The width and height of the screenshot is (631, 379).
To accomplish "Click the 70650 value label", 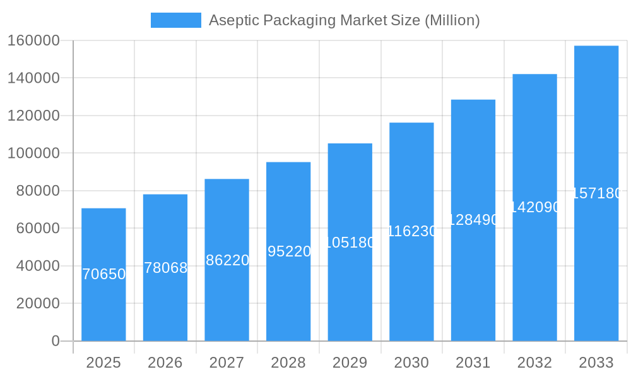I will (x=104, y=274).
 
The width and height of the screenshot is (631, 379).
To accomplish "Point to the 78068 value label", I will (x=165, y=268).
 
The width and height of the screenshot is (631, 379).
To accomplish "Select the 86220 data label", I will (x=227, y=260).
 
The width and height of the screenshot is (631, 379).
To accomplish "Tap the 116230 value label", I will (x=411, y=231).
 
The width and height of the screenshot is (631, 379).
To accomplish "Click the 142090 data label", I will (x=534, y=207).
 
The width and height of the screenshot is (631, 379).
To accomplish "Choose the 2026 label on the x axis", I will (x=165, y=363).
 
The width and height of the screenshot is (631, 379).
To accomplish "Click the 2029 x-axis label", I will (x=350, y=363).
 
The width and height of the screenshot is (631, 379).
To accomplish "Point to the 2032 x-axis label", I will (x=534, y=363).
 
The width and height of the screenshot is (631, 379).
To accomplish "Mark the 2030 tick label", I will (x=411, y=363).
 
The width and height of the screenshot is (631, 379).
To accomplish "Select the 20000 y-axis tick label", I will (x=38, y=303).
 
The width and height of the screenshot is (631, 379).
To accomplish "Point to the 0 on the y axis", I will (x=56, y=341).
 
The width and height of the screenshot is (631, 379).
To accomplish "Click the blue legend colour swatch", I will (x=175, y=20).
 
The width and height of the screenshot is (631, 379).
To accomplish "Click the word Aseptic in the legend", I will (x=230, y=20).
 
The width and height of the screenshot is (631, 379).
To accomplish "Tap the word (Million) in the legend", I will (x=452, y=20).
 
